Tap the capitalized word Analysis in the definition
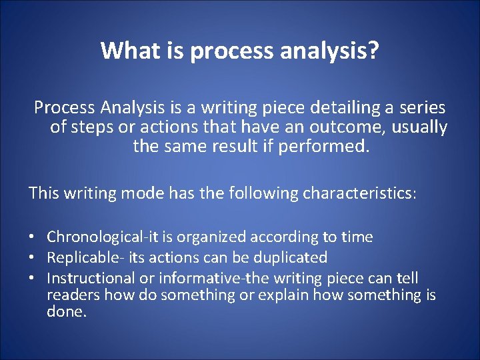pyautogui.click(x=128, y=107)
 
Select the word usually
pyautogui.click(x=420, y=127)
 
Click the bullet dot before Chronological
pyautogui.click(x=32, y=237)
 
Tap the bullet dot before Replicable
pyautogui.click(x=32, y=257)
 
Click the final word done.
pyautogui.click(x=67, y=311)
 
